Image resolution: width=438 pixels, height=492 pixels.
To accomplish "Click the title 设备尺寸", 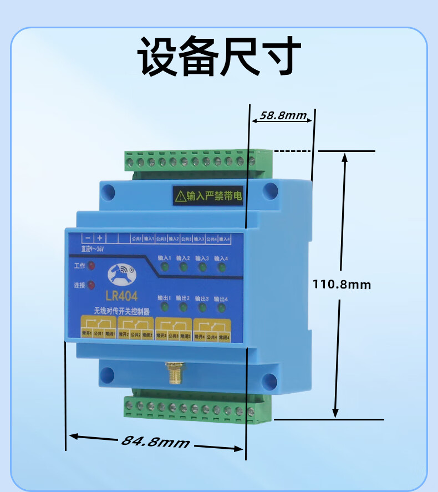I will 219,57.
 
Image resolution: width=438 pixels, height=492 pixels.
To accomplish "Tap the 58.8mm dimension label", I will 283,116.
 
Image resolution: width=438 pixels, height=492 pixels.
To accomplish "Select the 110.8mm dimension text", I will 342,285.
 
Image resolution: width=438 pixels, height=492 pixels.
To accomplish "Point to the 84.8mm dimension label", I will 155,442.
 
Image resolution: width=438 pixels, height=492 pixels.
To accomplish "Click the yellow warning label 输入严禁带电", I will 208,195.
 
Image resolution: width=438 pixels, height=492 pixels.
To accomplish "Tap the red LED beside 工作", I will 91,266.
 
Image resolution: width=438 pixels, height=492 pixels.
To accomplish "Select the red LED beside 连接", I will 91,285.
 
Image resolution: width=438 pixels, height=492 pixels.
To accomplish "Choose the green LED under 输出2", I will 184,308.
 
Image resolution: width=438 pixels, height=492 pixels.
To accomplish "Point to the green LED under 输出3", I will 203,308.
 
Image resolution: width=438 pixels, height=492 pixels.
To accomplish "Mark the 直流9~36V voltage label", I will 93,249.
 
